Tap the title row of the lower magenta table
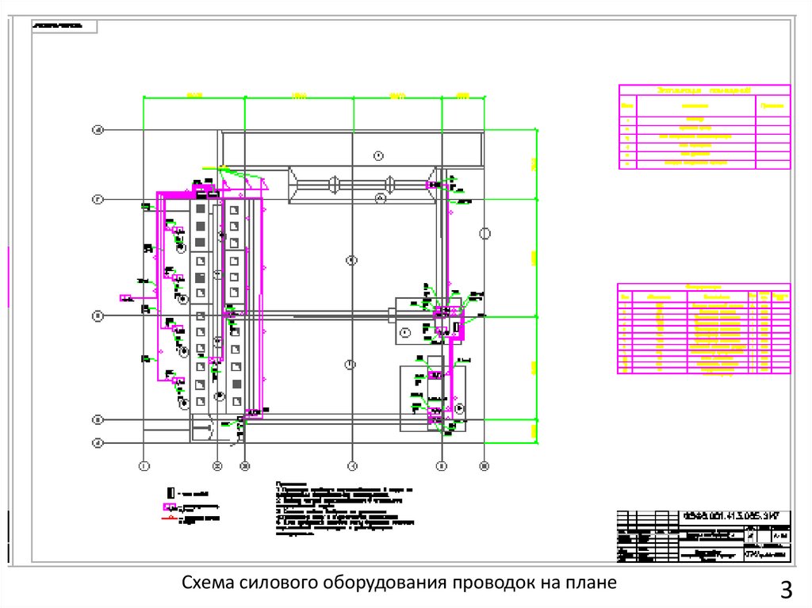[x=703, y=286]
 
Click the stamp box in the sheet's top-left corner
[x=64, y=26]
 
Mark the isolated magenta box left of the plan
[x=126, y=298]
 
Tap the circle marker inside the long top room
[x=378, y=154]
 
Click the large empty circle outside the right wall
[x=485, y=233]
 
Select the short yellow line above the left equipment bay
[x=212, y=167]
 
